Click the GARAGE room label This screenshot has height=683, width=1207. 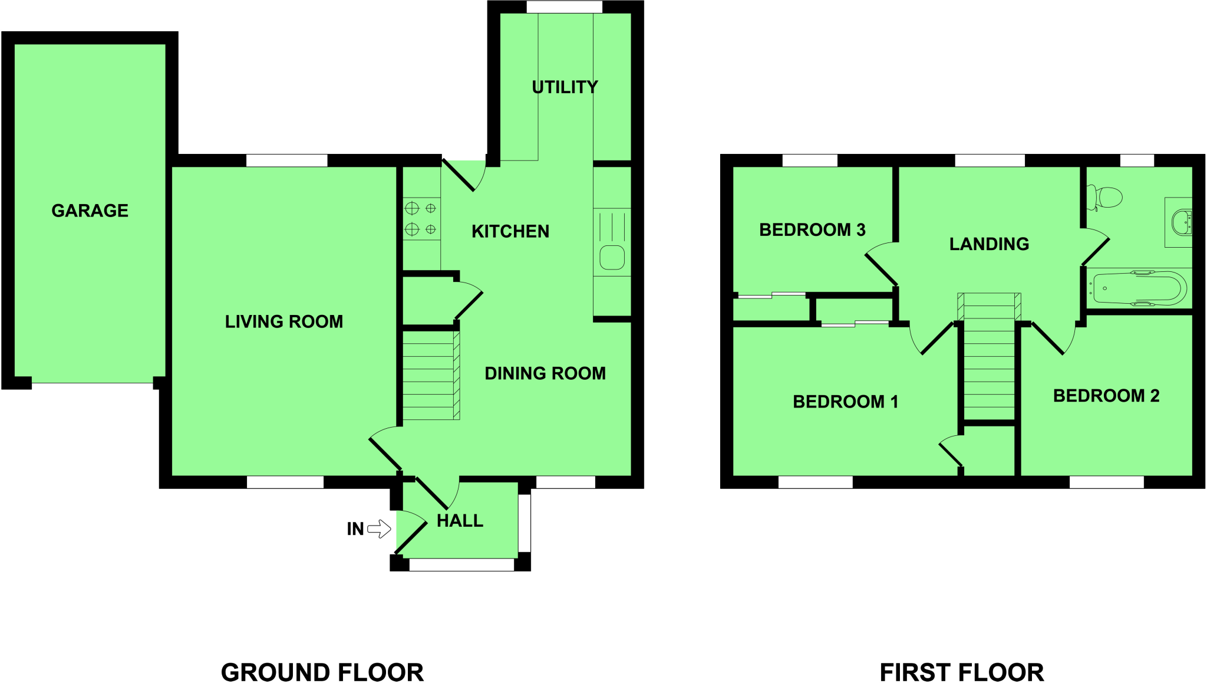coord(90,211)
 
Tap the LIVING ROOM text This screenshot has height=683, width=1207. coord(283,321)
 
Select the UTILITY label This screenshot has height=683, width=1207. coord(565,87)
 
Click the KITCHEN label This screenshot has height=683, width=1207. coord(510,231)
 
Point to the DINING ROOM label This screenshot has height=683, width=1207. coord(545,373)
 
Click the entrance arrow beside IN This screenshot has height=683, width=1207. coord(380,528)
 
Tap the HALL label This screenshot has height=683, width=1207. coord(460,521)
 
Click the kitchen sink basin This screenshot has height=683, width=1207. coord(612,258)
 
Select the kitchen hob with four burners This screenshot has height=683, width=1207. coord(421,218)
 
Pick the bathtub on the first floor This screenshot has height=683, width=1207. coord(1137,288)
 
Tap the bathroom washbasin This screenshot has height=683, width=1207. coord(1180,222)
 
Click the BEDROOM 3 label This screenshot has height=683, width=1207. coord(812,229)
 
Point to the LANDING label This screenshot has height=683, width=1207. coord(989,244)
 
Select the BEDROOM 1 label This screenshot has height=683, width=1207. coord(845,402)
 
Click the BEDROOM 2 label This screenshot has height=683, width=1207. coord(1106,395)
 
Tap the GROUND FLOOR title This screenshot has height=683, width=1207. coord(322,672)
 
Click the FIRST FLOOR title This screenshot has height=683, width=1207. coord(962,672)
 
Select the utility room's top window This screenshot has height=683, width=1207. coord(564,7)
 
